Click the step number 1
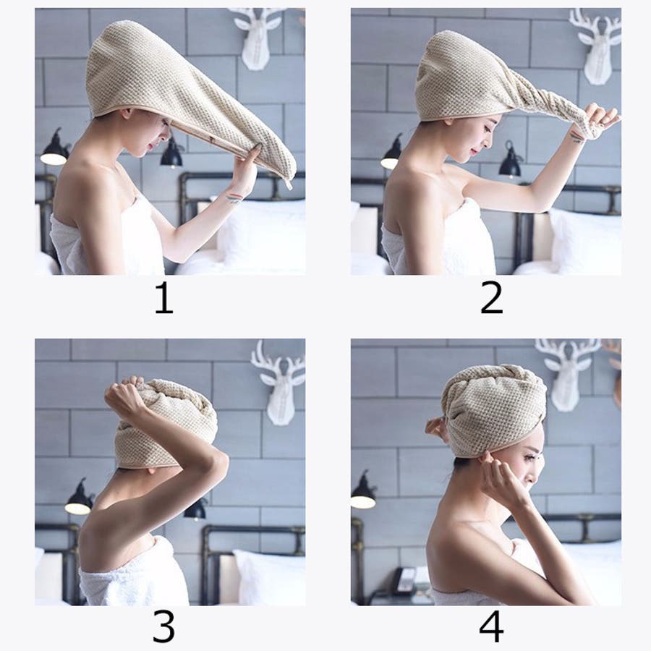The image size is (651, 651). click(163, 298)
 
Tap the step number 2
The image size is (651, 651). click(491, 298)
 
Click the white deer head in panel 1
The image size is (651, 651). click(260, 38)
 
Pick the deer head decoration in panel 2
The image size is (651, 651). click(596, 46)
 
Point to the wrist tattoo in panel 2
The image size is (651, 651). click(576, 137)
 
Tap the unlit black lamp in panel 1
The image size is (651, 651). click(172, 152)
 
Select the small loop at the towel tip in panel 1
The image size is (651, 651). click(288, 183)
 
